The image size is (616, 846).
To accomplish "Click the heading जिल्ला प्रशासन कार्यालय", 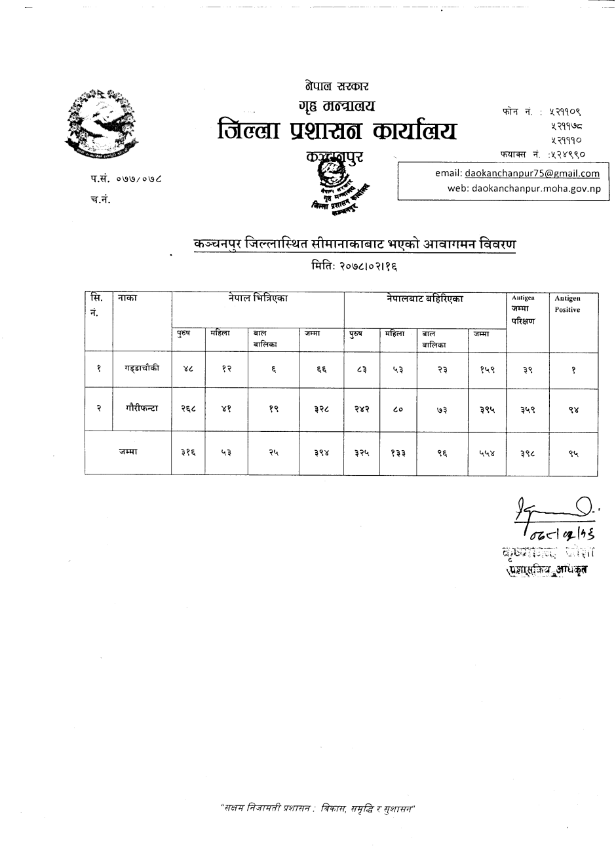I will (337, 130).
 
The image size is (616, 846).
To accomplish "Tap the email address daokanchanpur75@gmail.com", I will (532, 174).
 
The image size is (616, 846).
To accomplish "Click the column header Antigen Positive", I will (568, 304).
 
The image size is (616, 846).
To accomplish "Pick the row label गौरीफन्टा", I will (142, 408).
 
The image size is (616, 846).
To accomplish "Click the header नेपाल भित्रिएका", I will (258, 298).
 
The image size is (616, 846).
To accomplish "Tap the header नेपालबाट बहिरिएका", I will (425, 298).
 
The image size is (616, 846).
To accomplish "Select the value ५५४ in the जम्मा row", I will (488, 452).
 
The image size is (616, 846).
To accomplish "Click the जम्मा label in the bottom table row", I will (128, 452).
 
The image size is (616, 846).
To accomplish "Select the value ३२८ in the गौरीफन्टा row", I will (320, 409).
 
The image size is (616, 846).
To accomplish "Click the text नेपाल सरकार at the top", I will (337, 86).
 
